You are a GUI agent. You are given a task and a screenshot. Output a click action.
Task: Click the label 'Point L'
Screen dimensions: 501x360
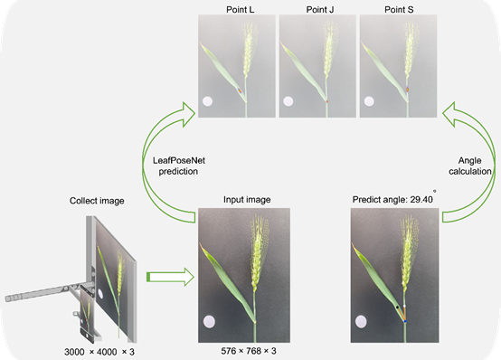pos(241,10)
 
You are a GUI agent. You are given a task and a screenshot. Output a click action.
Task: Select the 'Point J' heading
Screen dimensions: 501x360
pos(320,10)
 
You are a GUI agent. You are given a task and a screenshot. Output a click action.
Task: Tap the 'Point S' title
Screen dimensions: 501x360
pos(399,10)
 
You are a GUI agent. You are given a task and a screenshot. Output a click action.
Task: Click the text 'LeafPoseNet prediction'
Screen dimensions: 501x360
pos(179,166)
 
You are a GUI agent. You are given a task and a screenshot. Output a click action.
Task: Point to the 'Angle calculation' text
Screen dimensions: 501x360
pos(470,166)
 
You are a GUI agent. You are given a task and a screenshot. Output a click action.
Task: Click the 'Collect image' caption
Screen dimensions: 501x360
pos(97,201)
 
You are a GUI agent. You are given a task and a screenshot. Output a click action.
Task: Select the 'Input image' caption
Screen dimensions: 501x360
pos(247,200)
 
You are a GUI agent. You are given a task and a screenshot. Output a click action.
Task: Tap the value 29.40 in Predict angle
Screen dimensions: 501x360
pos(421,200)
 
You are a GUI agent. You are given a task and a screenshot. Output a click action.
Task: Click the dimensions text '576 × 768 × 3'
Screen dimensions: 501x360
pos(249,351)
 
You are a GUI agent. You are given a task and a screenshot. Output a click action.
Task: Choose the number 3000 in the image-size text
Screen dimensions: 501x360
pos(74,352)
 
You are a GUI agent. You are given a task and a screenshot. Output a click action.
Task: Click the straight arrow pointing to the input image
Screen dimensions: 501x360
pos(170,277)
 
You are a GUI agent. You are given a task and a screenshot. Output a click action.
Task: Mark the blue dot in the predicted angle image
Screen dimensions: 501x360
pos(405,321)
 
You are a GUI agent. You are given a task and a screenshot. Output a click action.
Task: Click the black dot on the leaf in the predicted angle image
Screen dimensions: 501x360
pos(398,307)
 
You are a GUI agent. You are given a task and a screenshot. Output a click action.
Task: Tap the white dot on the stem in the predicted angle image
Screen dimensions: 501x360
pos(405,306)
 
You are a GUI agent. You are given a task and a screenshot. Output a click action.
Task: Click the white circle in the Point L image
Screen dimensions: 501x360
pos(208,101)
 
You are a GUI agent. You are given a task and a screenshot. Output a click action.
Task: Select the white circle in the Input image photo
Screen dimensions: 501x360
pos(209,321)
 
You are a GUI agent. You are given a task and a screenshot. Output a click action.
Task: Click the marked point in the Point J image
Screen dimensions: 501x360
pos(326,101)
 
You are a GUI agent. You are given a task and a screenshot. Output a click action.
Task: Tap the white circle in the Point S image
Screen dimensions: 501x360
pos(369,101)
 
